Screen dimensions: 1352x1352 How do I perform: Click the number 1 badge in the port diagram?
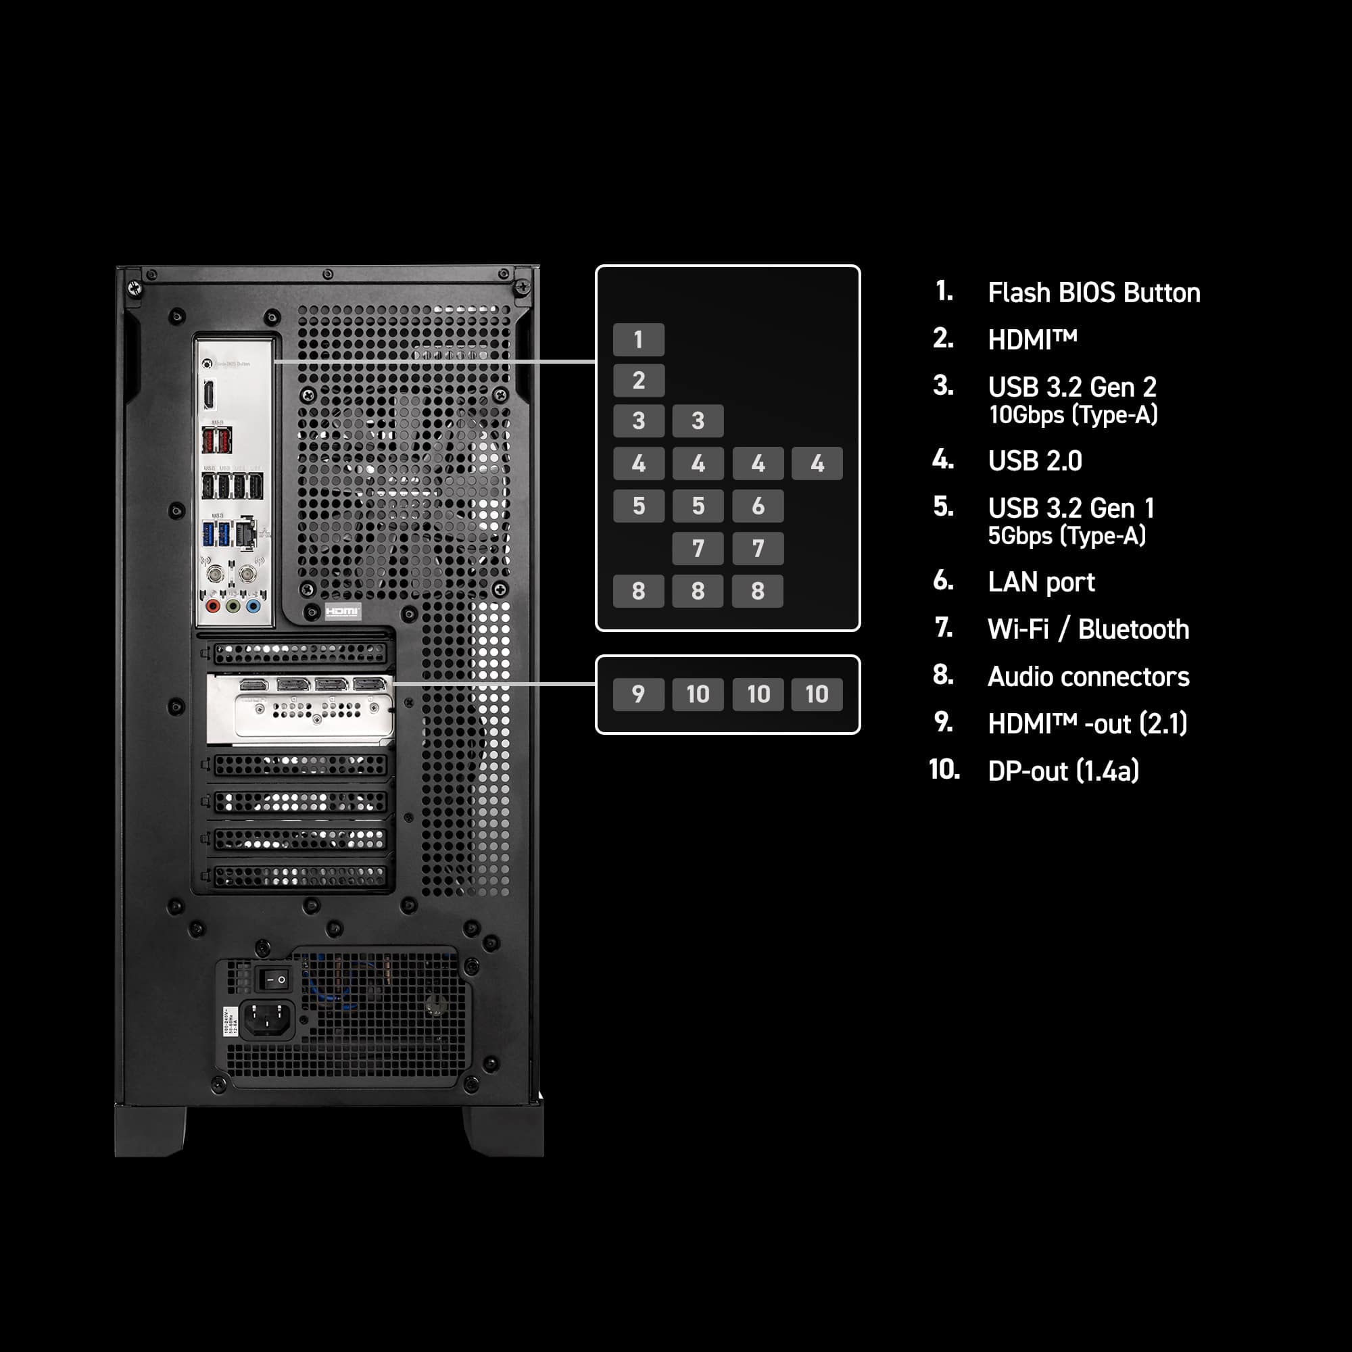pyautogui.click(x=638, y=339)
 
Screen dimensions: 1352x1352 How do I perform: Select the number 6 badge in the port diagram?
pyautogui.click(x=757, y=506)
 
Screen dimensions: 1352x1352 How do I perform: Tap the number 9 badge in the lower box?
pyautogui.click(x=638, y=694)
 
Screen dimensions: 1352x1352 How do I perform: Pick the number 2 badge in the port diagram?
pyautogui.click(x=638, y=380)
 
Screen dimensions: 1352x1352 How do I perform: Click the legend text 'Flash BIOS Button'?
pyautogui.click(x=1093, y=293)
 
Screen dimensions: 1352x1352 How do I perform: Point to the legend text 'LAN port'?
pyautogui.click(x=1040, y=582)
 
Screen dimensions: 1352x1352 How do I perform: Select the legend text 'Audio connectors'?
pyautogui.click(x=1088, y=677)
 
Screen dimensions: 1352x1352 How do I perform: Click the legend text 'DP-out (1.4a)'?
pyautogui.click(x=1062, y=771)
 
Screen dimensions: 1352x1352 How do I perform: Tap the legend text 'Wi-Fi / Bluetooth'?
pyautogui.click(x=1088, y=629)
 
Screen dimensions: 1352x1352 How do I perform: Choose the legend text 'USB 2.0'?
pyautogui.click(x=1034, y=460)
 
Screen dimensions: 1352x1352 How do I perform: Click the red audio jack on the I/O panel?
pyautogui.click(x=213, y=606)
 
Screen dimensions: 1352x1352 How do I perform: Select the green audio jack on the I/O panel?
pyautogui.click(x=233, y=606)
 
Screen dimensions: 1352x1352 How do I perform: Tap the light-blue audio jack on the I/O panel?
pyautogui.click(x=253, y=606)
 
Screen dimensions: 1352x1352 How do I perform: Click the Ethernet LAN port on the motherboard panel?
pyautogui.click(x=245, y=533)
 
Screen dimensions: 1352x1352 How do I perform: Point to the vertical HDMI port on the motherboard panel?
pyautogui.click(x=208, y=395)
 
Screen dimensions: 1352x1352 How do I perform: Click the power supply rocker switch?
pyautogui.click(x=273, y=980)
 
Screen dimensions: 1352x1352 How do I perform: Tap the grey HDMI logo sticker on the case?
pyautogui.click(x=343, y=611)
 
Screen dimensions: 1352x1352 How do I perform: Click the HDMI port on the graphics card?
pyautogui.click(x=254, y=684)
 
